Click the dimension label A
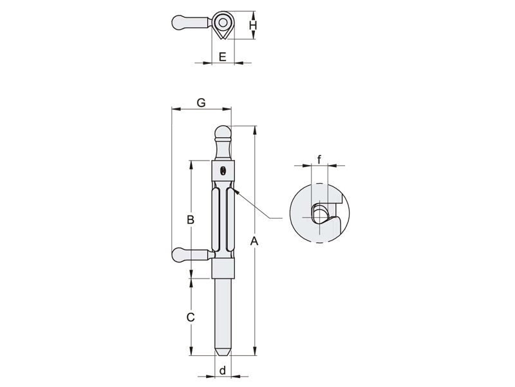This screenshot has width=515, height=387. tap(254, 241)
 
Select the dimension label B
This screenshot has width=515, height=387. tap(191, 219)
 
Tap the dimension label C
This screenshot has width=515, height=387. tap(191, 317)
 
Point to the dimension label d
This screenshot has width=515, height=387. tap(223, 371)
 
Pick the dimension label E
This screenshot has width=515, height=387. tap(222, 57)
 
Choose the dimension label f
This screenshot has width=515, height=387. tap(319, 159)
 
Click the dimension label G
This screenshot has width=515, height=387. tap(201, 103)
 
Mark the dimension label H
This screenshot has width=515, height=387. tap(252, 25)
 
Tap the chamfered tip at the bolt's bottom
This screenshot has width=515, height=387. tap(223, 352)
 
